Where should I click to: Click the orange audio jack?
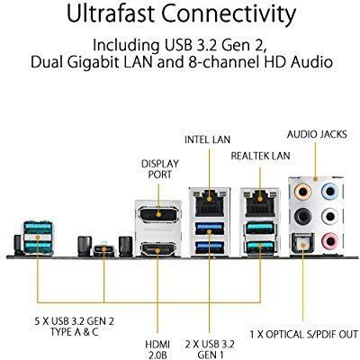click(302, 192)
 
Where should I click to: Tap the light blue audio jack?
click(329, 192)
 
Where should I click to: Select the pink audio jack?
click(329, 240)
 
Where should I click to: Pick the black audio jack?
click(302, 216)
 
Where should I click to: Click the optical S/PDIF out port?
click(302, 243)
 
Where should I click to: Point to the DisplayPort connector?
click(157, 214)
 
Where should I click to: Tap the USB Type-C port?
click(103, 249)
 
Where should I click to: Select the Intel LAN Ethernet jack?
click(210, 203)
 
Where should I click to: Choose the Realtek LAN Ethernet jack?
click(260, 203)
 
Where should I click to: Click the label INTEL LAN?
click(208, 139)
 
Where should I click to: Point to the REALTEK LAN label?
click(260, 156)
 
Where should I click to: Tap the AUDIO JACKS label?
click(317, 134)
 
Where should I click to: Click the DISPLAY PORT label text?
click(160, 169)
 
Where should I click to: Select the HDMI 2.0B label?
click(157, 349)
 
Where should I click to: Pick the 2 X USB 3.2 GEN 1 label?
click(210, 349)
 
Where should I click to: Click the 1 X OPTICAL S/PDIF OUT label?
click(304, 334)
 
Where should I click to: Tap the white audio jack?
click(329, 216)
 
